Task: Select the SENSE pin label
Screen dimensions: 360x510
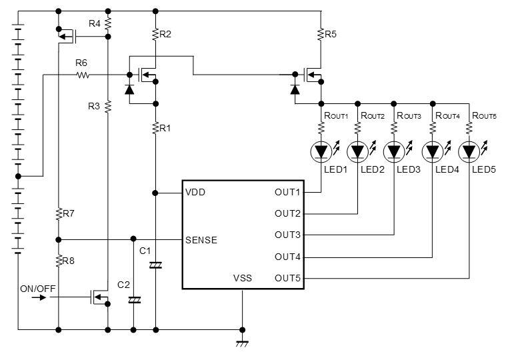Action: coord(201,240)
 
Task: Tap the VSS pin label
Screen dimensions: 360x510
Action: coord(242,278)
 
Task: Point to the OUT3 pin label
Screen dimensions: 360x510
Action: coord(287,235)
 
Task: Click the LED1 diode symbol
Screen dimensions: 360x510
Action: coord(322,152)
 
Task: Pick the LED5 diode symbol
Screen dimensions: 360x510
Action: coord(470,152)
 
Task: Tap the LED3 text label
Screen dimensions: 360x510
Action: coord(408,169)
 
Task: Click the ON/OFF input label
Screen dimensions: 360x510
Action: coord(39,288)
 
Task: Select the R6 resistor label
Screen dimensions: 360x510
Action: coord(81,63)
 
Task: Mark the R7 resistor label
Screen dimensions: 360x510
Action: coord(69,214)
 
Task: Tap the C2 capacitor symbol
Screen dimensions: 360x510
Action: coord(134,300)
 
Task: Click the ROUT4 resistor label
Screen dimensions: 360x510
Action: coord(447,115)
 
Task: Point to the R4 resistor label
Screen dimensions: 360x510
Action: coord(94,23)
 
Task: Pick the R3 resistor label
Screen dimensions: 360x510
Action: coord(94,105)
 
